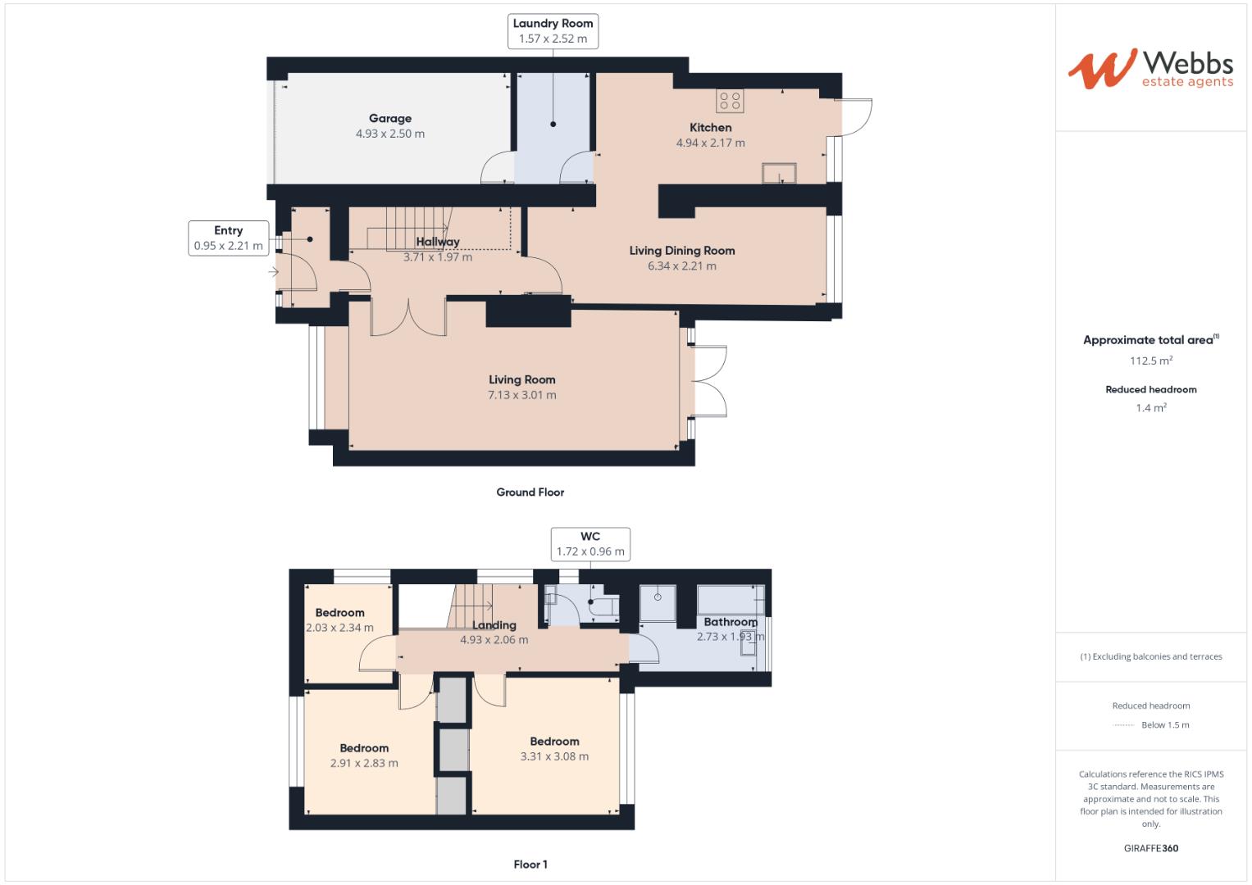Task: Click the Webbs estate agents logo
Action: pos(1150,69)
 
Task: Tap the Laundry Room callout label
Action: pos(553,31)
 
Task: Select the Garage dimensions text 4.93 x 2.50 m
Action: pos(390,134)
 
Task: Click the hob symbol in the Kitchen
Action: pos(729,101)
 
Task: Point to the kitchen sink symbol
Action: pos(779,173)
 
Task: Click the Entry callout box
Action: pos(228,238)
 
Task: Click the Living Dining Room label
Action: pos(682,251)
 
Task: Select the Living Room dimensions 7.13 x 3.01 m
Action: pos(522,395)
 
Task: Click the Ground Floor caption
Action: pos(530,492)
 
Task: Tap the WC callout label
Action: pos(590,544)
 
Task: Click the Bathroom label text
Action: pos(730,622)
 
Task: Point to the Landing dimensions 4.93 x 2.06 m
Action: pos(494,640)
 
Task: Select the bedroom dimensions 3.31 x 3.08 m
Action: pos(554,756)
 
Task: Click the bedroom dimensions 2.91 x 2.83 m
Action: pos(364,763)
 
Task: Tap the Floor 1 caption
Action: pos(530,865)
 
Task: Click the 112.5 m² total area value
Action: pos(1151,361)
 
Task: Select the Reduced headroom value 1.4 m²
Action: pos(1151,408)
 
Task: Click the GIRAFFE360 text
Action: pos(1151,848)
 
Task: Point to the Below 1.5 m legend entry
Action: pos(1164,725)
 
